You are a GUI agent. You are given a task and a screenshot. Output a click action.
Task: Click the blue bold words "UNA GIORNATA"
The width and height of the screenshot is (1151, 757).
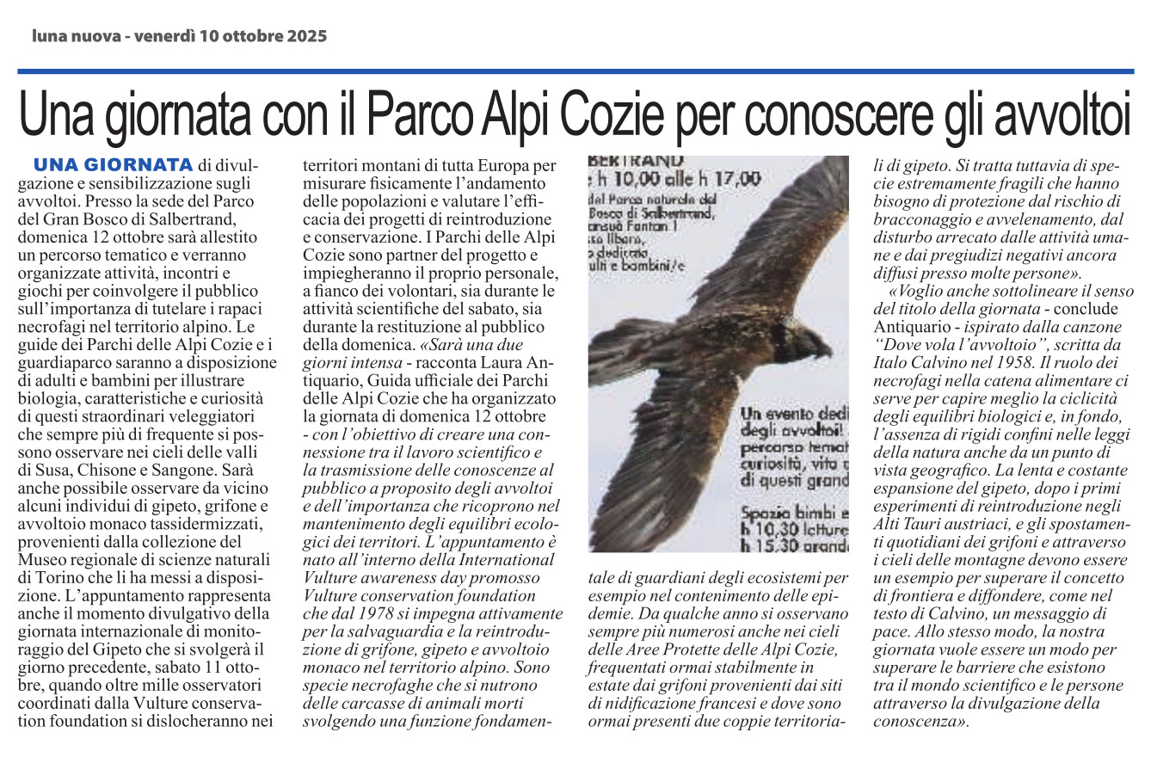tap(112, 163)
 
